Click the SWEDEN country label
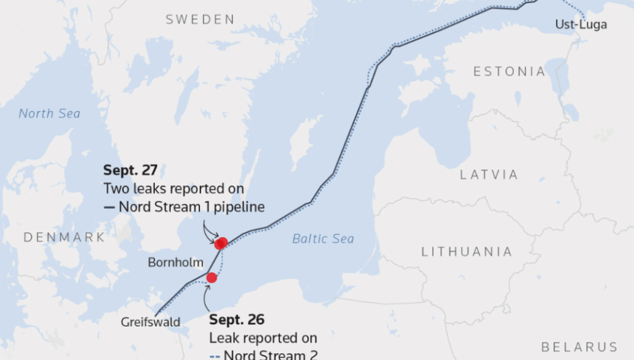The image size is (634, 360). [200, 20]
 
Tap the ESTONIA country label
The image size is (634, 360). [509, 72]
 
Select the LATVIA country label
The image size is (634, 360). [489, 175]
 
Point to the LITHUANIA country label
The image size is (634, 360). [467, 252]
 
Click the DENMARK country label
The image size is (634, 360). [64, 237]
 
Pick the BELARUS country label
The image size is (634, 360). [579, 347]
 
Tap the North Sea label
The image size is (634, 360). [50, 113]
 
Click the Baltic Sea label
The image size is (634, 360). [323, 239]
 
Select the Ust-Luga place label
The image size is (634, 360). [581, 25]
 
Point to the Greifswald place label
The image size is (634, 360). [150, 322]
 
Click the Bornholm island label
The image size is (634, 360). [176, 263]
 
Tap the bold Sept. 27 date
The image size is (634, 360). [131, 170]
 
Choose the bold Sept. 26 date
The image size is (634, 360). [237, 320]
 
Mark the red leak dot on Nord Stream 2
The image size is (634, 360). [212, 278]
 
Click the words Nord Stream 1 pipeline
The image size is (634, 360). [192, 206]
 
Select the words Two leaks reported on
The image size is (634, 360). [173, 188]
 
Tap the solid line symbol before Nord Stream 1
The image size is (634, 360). [110, 207]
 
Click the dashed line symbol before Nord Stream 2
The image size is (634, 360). [215, 356]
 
